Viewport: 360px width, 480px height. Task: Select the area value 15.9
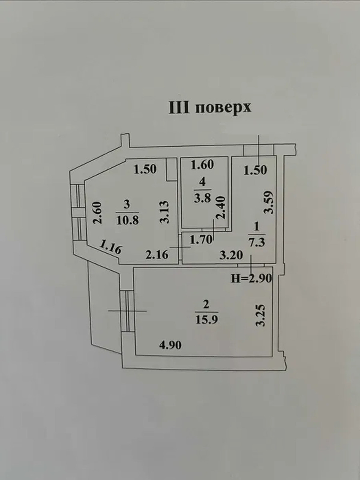point(207,320)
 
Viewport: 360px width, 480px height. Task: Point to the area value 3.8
point(202,198)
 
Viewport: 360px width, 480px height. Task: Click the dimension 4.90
point(170,346)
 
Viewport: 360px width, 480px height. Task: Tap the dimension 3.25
point(261,315)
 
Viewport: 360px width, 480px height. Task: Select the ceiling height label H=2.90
point(252,278)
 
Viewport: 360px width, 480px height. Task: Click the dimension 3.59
point(268,202)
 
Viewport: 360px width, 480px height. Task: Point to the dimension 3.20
point(231,255)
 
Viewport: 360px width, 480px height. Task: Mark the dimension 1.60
point(202,165)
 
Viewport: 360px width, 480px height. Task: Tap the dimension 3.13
point(164,212)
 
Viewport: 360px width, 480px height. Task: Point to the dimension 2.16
point(157,255)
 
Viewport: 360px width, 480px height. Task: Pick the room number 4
point(202,182)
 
